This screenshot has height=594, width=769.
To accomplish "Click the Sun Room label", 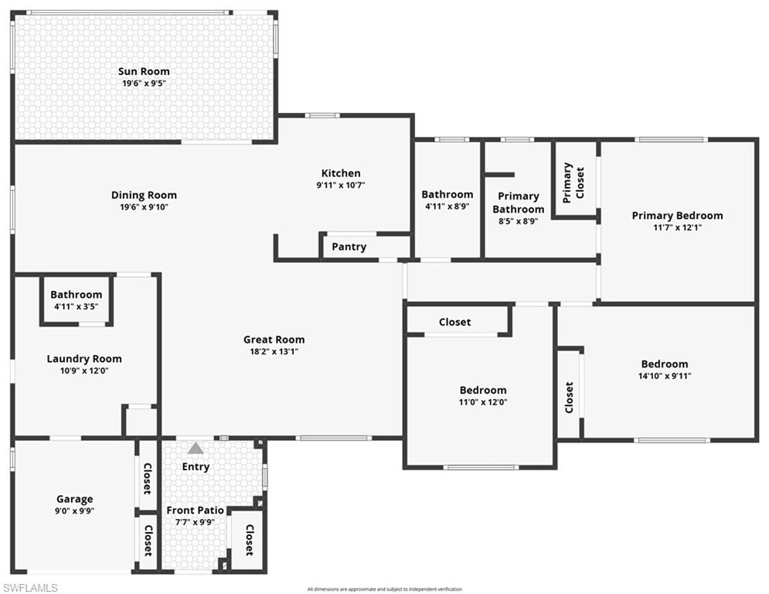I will point(144,71).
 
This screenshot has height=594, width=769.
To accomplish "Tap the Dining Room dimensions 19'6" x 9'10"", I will point(144,207).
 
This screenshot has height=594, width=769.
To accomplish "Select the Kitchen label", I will point(341,173).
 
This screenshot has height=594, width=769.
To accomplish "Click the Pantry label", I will point(349,247).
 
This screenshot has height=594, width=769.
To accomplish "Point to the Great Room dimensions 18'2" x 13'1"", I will point(274,351).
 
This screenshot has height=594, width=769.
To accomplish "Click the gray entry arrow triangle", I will point(196,448).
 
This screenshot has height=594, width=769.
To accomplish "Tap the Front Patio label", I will point(196,510).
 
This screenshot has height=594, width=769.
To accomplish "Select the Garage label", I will point(74,499).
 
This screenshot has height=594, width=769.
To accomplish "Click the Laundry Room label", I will point(84,359).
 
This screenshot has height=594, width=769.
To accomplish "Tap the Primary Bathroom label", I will point(518,203).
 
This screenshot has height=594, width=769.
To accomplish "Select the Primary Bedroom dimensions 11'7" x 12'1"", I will point(677,227).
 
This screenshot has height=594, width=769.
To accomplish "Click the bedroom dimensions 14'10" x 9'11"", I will point(664,376).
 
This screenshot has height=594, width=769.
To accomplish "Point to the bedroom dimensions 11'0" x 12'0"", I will point(483,402).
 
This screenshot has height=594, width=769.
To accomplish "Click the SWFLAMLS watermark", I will point(30,588).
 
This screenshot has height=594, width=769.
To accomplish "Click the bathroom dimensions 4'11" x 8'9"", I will point(447,207).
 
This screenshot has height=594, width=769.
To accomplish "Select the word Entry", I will point(196,466).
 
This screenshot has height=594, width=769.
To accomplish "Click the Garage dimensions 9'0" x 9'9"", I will point(74,510).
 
